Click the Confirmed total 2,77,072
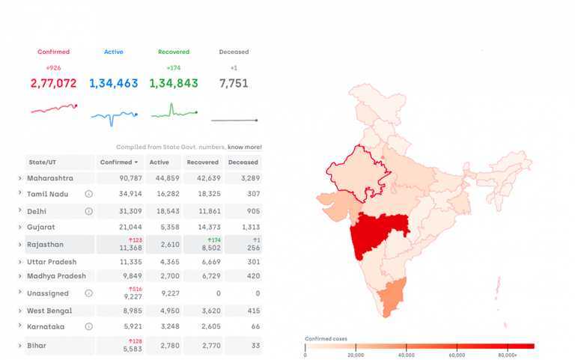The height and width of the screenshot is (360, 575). click(53, 84)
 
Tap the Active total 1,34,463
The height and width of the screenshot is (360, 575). click(113, 84)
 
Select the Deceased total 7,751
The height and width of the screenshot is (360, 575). click(234, 84)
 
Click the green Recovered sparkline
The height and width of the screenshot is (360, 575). click(173, 112)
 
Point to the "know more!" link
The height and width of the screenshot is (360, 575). click(245, 147)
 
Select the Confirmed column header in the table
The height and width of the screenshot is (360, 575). click(120, 162)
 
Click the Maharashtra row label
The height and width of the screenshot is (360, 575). click(50, 178)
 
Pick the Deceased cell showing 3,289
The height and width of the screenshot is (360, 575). click(243, 178)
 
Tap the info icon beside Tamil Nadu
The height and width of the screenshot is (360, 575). click(88, 194)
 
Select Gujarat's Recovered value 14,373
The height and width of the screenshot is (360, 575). click(204, 227)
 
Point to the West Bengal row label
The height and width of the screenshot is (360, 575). click(49, 311)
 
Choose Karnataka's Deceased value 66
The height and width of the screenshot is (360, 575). click(255, 327)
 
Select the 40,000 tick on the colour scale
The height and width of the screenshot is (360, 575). click(407, 355)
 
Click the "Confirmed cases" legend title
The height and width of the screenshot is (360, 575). click(326, 339)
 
